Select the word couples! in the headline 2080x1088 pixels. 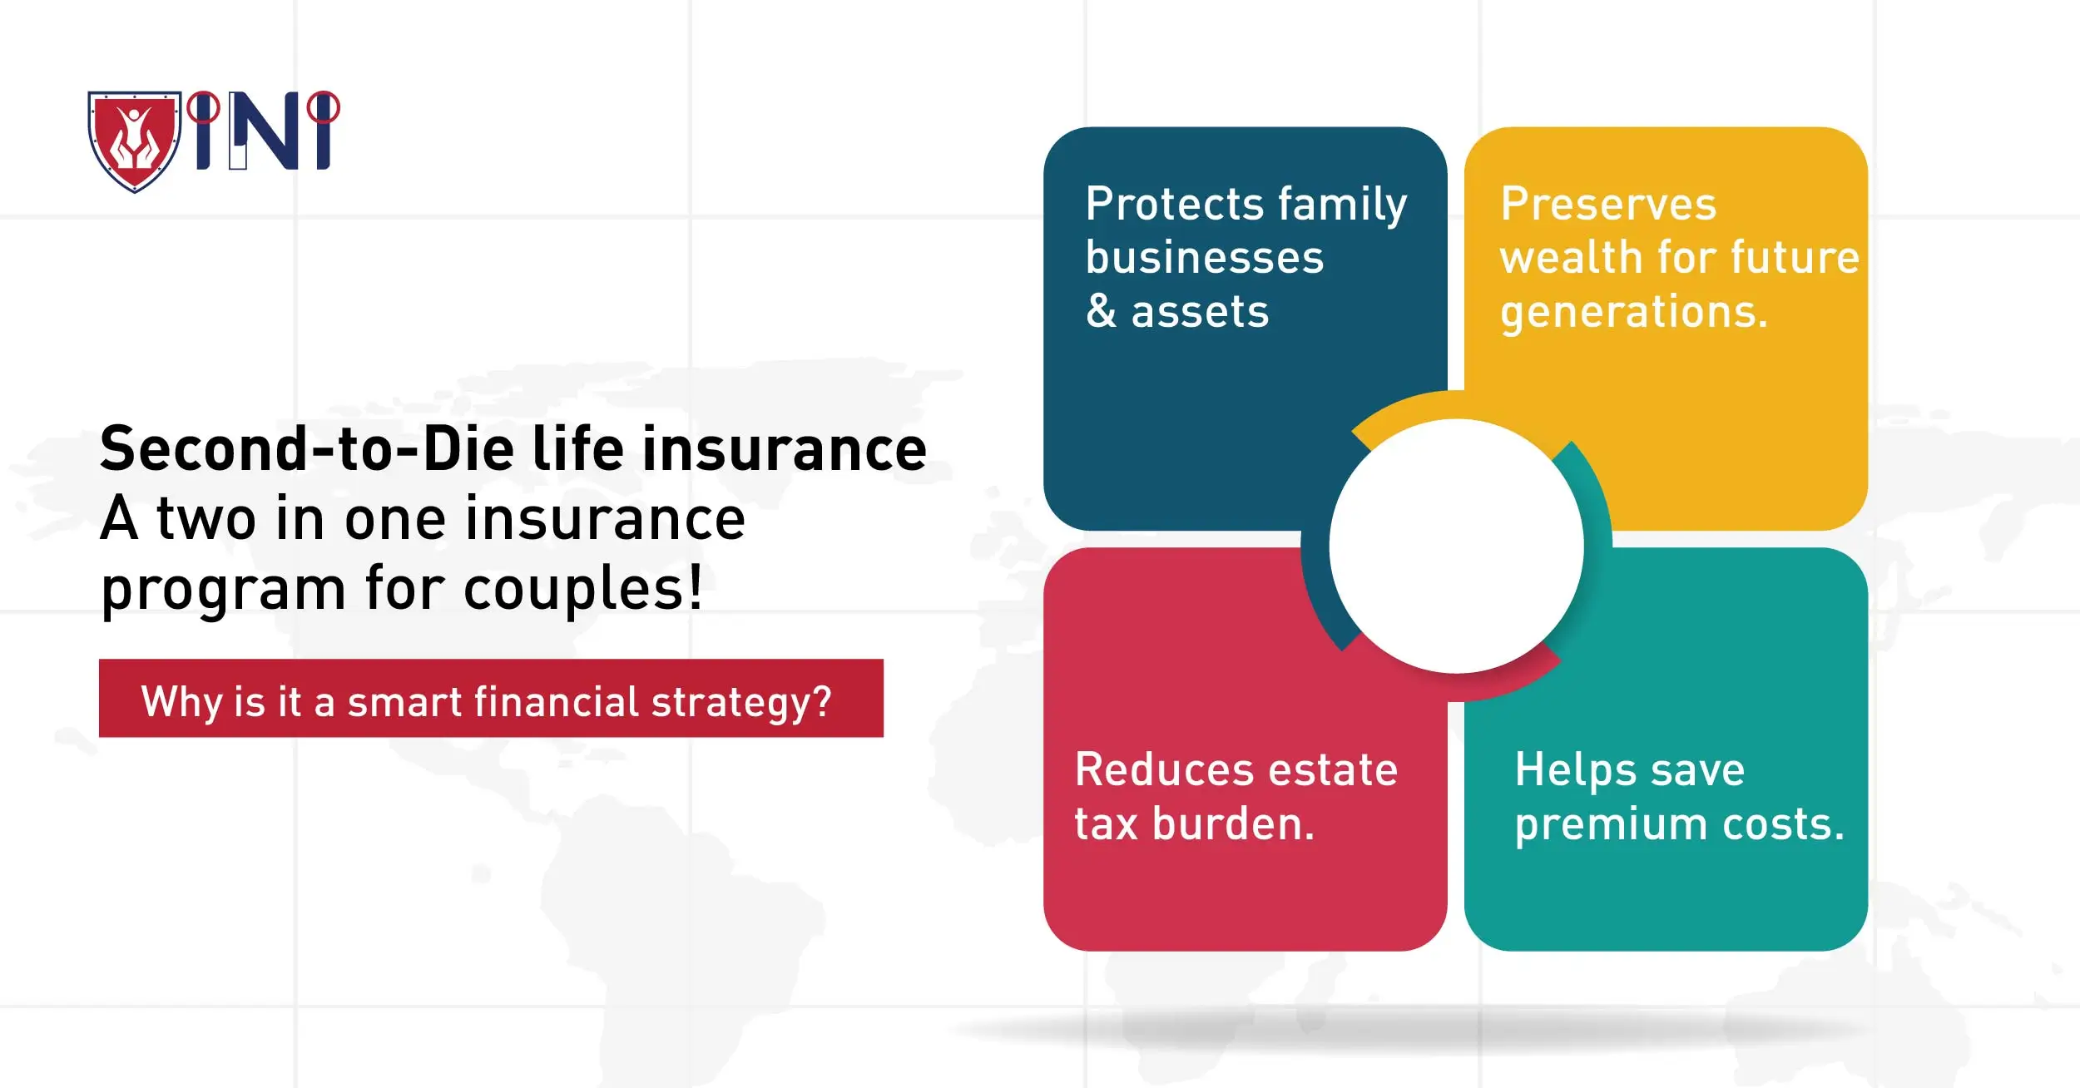pyautogui.click(x=582, y=589)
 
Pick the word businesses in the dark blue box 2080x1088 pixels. pyautogui.click(x=1205, y=258)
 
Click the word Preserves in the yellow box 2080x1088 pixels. pyautogui.click(x=1608, y=205)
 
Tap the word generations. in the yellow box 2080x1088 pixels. pyautogui.click(x=1633, y=313)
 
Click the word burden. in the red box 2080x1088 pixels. pyautogui.click(x=1234, y=824)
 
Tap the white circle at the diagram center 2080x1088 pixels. pyautogui.click(x=1456, y=546)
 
